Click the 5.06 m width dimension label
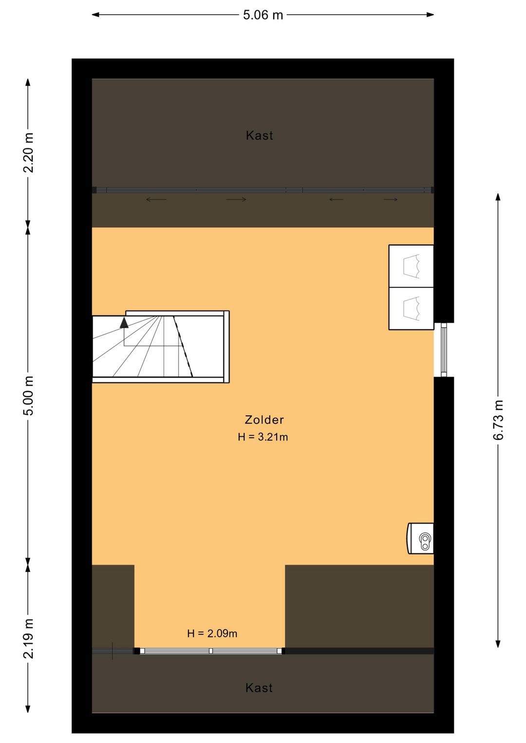pos(263,15)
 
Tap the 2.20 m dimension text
pos(29,152)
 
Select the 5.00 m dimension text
pos(29,395)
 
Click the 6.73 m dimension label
pos(498,420)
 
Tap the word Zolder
pos(264,420)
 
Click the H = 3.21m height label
pos(263,437)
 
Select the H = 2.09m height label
pos(212,633)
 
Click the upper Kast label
pos(260,135)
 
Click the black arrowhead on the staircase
pos(124,322)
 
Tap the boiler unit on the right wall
pos(420,539)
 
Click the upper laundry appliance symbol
pos(411,266)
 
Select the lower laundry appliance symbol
pos(411,309)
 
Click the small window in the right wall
pos(444,350)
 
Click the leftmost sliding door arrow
pos(156,200)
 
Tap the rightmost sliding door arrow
pos(391,200)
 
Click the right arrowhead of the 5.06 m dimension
pos(430,15)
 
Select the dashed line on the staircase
pos(183,346)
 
